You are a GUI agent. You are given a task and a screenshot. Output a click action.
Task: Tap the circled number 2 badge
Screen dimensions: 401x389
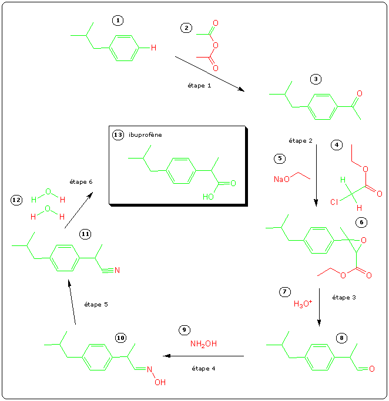186,28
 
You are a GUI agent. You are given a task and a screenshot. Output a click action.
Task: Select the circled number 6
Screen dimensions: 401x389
361,222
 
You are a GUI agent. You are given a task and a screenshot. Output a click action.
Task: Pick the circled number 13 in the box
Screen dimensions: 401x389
118,135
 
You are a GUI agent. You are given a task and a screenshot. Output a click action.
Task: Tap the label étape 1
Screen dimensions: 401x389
196,85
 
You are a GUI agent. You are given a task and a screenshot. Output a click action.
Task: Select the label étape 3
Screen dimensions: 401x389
344,298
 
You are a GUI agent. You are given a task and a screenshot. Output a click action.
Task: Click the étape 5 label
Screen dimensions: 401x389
96,305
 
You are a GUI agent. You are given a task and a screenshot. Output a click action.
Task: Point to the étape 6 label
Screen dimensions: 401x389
81,182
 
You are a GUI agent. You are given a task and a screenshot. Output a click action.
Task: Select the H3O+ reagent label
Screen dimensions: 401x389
303,304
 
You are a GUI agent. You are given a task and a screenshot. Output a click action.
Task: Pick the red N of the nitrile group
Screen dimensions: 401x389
117,271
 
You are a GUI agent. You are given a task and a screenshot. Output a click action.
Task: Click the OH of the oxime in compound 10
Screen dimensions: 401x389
160,382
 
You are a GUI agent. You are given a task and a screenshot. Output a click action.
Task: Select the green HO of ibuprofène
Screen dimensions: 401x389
209,197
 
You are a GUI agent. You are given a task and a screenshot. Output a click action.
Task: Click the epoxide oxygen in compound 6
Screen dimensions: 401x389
364,240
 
